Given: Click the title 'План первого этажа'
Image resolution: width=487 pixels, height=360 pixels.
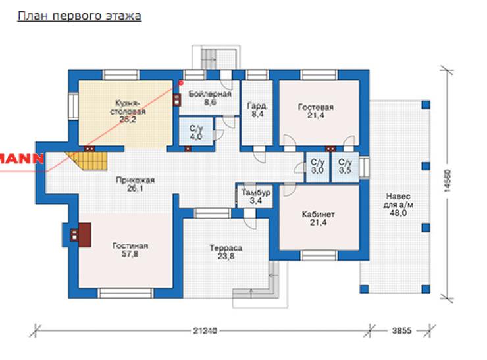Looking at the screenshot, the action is (80, 16).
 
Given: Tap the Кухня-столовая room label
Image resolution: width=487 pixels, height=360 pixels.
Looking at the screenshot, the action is (128, 107).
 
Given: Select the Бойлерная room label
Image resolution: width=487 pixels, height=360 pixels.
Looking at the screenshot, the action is (210, 94).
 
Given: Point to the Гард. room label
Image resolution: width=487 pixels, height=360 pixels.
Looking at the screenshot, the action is (257, 106).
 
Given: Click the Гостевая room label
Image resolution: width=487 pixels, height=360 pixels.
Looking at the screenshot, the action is (316, 107).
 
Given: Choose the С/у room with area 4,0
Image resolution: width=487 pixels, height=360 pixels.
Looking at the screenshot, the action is (196, 132).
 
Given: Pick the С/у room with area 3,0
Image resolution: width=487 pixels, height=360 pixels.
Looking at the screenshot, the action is (317, 166).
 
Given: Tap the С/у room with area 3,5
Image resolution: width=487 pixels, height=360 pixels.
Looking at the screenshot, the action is (345, 166).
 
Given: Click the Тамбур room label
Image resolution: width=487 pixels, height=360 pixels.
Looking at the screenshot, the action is (255, 193).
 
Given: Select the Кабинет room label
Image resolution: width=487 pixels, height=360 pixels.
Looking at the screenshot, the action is (319, 215).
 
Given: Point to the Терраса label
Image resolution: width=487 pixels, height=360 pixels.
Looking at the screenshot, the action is (226, 248).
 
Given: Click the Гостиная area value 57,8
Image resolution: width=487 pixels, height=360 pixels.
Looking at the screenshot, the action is (130, 254).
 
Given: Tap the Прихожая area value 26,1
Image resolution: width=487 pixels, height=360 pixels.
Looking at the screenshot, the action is (135, 188).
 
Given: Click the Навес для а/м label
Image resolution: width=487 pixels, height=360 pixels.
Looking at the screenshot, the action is (398, 201).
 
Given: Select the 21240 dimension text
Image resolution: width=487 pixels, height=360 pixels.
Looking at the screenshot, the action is (205, 331).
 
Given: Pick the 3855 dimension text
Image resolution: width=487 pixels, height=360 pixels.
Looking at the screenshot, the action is (401, 331).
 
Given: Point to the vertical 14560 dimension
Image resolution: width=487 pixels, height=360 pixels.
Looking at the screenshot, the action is (447, 180).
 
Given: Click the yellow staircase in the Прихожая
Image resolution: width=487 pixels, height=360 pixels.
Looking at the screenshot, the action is (86, 161).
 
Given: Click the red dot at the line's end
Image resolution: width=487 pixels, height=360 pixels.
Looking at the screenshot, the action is (180, 83).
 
